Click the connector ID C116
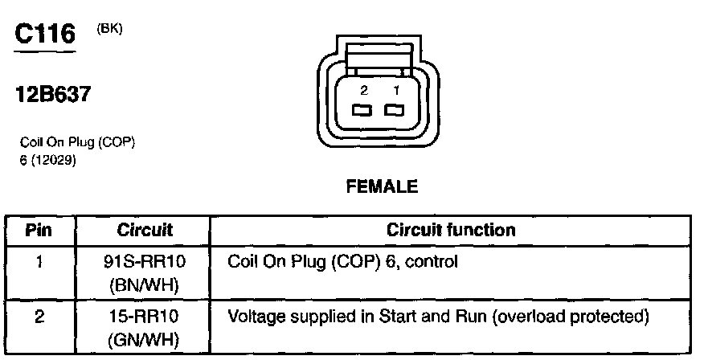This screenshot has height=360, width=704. (x=46, y=34)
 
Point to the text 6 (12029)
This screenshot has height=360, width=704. (x=47, y=157)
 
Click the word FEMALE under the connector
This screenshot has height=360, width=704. (x=382, y=187)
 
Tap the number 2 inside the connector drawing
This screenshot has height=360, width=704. (x=363, y=92)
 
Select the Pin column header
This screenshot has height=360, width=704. (x=39, y=231)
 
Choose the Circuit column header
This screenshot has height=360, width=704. (x=145, y=231)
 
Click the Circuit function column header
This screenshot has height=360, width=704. (x=451, y=231)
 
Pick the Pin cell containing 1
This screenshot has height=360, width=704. (x=39, y=262)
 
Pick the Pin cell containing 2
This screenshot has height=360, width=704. (x=39, y=317)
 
